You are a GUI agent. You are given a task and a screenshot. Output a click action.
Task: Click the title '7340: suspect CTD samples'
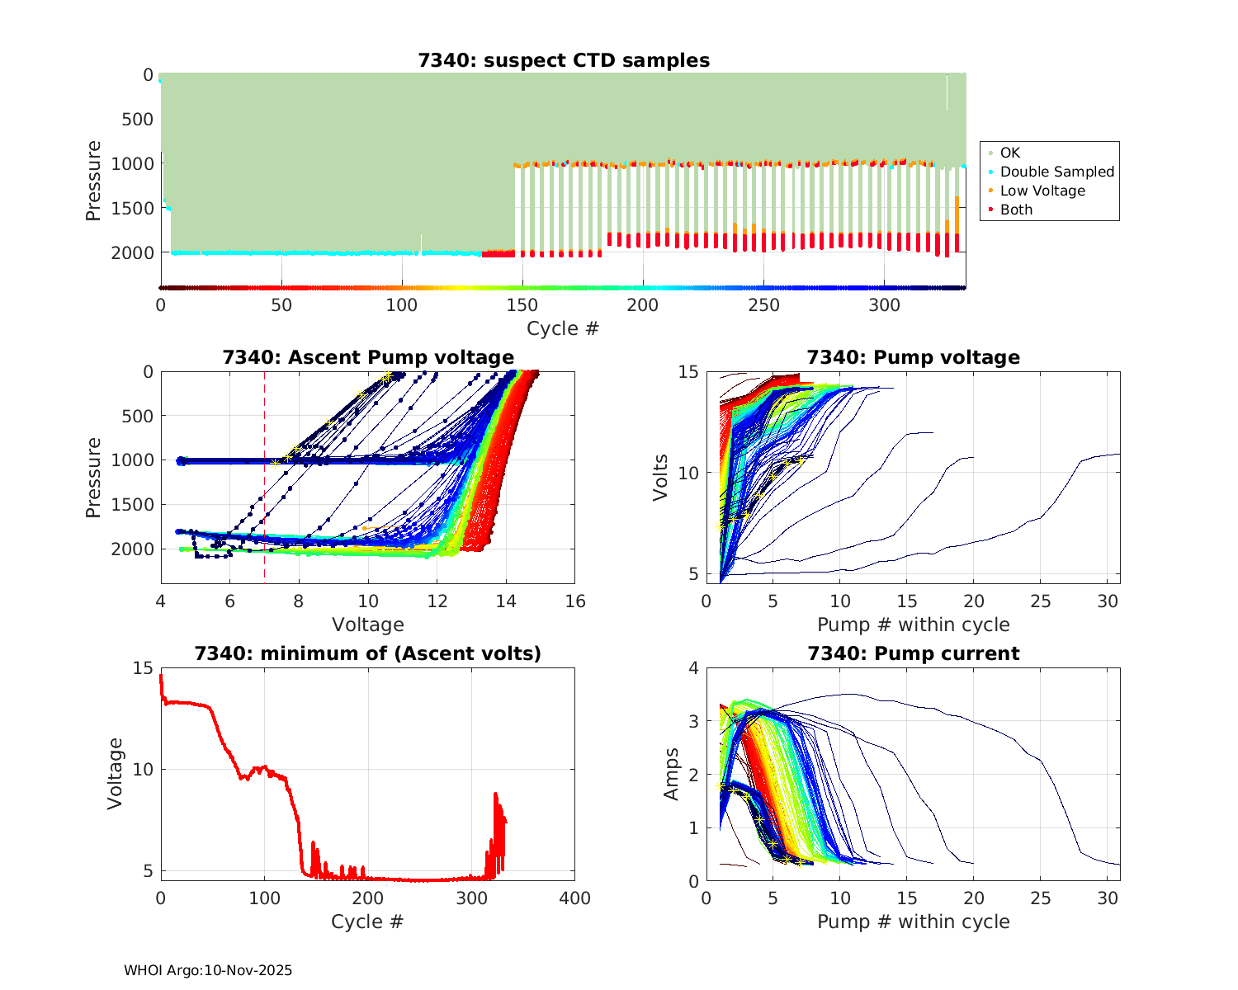click(x=564, y=60)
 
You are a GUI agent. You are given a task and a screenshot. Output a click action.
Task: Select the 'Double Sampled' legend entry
click(x=1056, y=172)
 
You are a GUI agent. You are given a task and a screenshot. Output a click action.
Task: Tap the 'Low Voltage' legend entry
click(x=1042, y=191)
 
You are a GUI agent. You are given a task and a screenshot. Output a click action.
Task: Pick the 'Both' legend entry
click(x=1016, y=210)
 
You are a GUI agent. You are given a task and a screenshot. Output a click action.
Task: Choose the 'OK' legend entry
click(x=1009, y=153)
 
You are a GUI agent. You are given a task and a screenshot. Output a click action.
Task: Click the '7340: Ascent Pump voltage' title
click(x=368, y=357)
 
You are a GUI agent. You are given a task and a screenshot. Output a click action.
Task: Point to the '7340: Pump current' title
click(x=913, y=653)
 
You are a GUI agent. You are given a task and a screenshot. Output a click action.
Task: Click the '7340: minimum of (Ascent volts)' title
click(x=368, y=653)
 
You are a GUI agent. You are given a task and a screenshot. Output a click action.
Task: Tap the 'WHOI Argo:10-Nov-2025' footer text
click(x=208, y=970)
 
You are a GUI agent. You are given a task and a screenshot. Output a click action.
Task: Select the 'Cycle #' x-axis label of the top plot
click(x=563, y=328)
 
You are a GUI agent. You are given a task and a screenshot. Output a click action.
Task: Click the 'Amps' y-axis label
click(x=672, y=774)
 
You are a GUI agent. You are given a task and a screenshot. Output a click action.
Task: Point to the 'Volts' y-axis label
click(x=660, y=478)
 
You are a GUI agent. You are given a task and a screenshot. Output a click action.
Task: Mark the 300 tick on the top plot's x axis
click(x=884, y=305)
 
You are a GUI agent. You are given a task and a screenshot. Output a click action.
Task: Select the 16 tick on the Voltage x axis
click(x=575, y=601)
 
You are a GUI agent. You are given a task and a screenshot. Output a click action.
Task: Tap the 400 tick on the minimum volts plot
click(x=574, y=898)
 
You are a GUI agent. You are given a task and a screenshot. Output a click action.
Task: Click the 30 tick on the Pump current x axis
click(x=1107, y=898)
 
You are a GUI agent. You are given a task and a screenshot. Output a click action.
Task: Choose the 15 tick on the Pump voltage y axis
click(x=688, y=372)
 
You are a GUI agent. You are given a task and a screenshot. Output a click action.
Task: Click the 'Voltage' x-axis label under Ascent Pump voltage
click(x=368, y=625)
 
